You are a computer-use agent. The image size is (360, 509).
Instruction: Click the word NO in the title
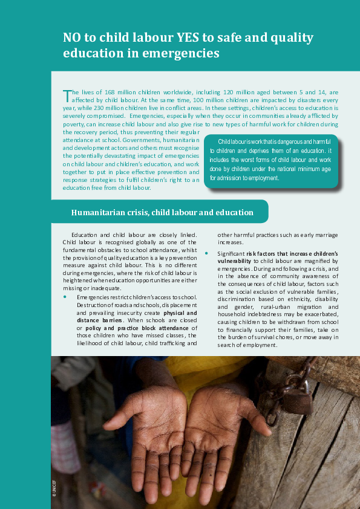(x=73, y=38)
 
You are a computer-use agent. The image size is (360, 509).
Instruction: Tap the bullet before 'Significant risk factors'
(x=206, y=252)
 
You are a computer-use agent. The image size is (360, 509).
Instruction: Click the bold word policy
(x=91, y=328)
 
